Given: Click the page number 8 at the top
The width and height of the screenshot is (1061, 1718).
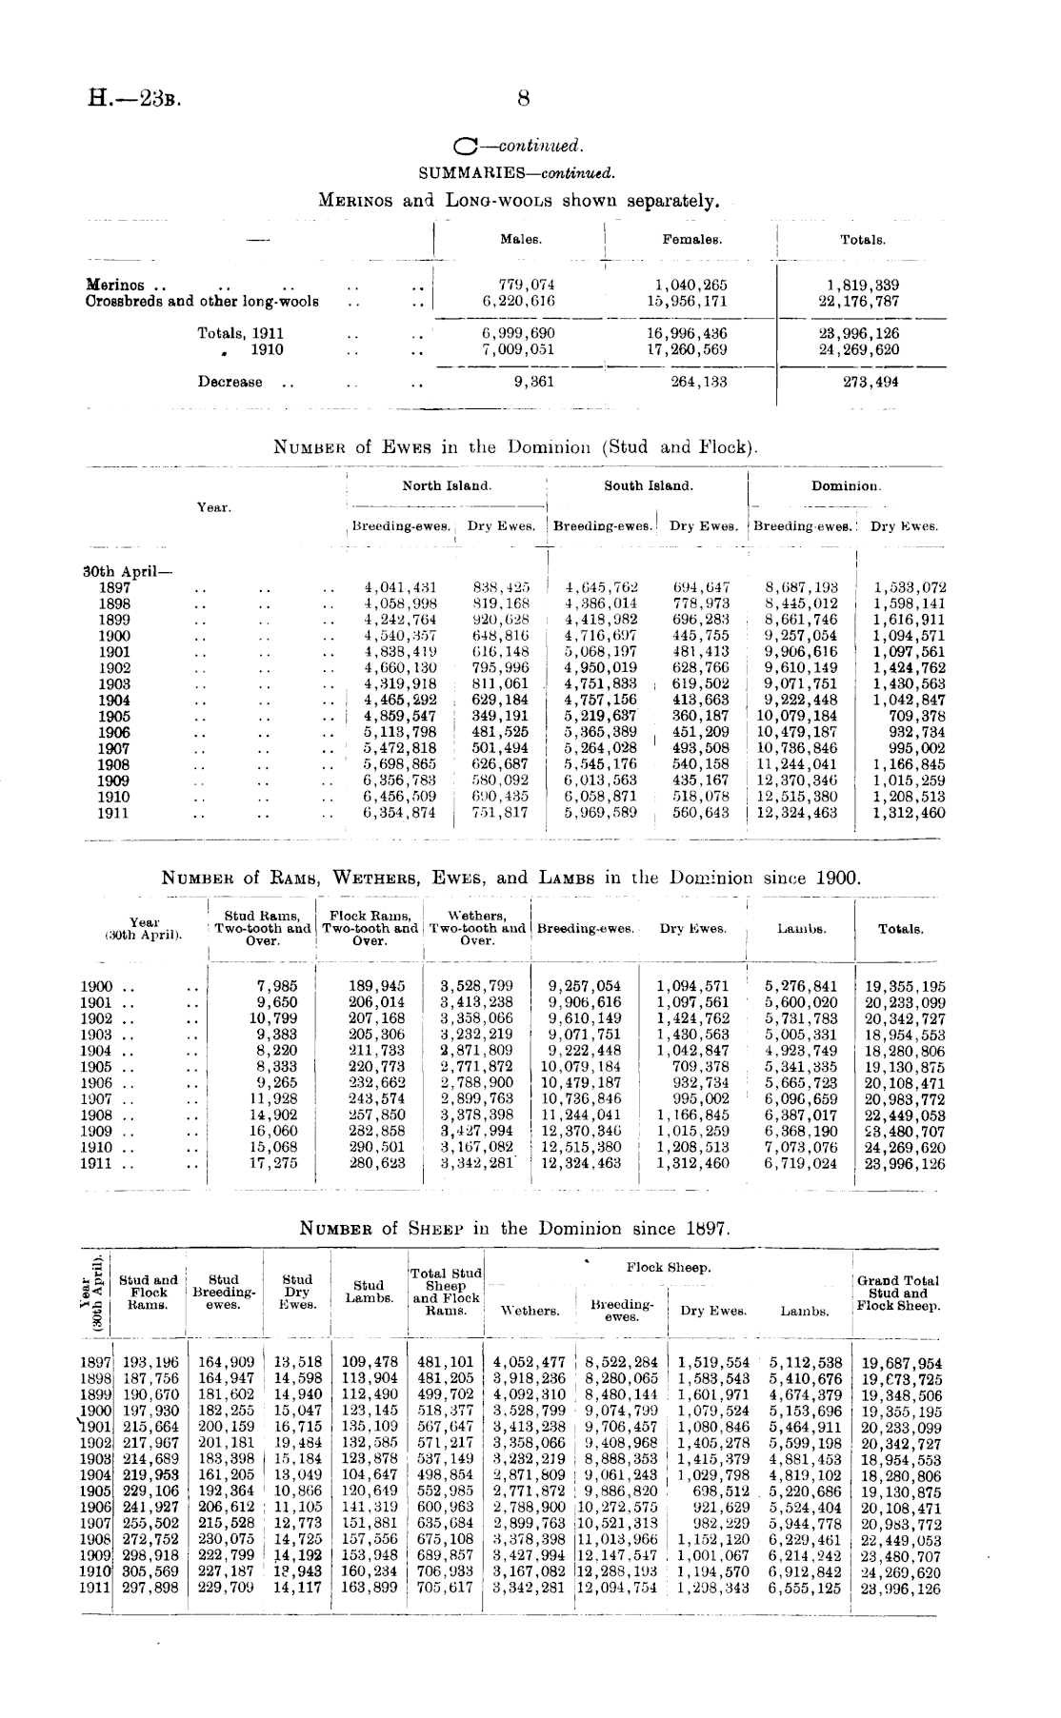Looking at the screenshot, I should point(523,98).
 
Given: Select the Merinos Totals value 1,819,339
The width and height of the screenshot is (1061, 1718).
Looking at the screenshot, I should point(863,286).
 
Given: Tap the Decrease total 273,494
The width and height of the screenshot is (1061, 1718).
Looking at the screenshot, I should point(863,383).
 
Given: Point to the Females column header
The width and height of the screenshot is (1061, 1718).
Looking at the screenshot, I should point(691,240).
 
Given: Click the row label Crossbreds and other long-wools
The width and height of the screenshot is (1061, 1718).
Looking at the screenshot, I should point(202,302).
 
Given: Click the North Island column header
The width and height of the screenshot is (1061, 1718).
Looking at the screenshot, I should point(447,485).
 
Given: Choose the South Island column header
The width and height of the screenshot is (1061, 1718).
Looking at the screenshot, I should point(649,485).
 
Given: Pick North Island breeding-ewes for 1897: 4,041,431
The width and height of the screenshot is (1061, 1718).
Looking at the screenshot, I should point(401,588).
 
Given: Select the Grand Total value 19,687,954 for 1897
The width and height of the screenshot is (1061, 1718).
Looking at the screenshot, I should point(901,1363).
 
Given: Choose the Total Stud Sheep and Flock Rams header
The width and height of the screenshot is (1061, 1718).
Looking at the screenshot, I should point(446,1292).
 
